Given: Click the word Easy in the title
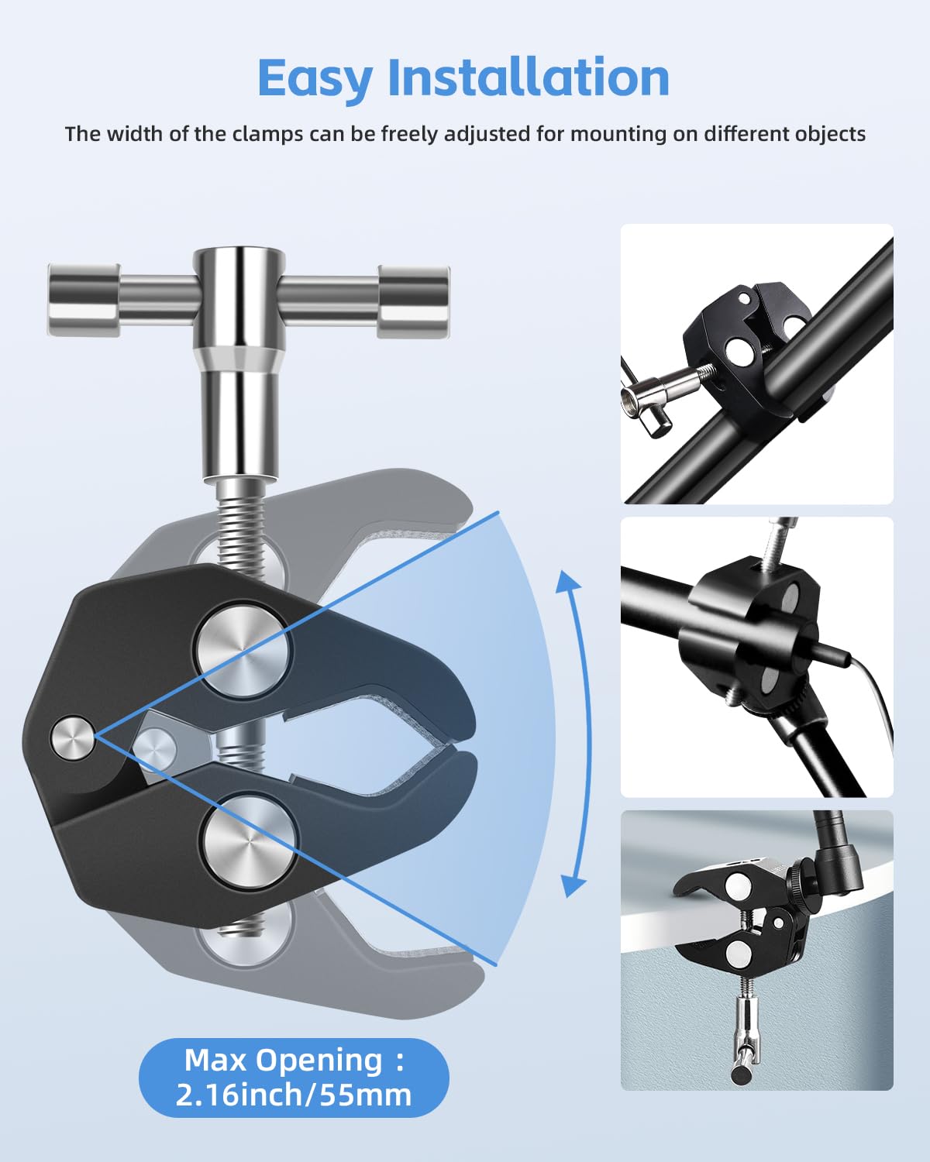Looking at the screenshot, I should pos(315,78).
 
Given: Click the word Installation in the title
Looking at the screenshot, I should pos(529,78).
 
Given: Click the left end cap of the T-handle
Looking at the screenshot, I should pos(84,300).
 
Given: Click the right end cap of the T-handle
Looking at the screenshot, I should pos(413,301).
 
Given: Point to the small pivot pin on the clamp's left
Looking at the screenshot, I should pos(73,737).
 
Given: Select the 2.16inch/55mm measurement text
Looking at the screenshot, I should pos(293,1095).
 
